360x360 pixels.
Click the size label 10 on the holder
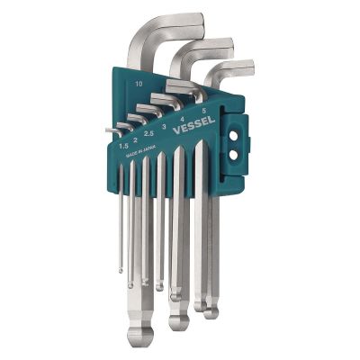click(138, 83)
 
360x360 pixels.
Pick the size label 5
click(204, 112)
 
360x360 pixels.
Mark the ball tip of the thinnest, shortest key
click(121, 267)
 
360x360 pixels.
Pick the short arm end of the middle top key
click(228, 43)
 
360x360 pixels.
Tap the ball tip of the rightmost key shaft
click(211, 311)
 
